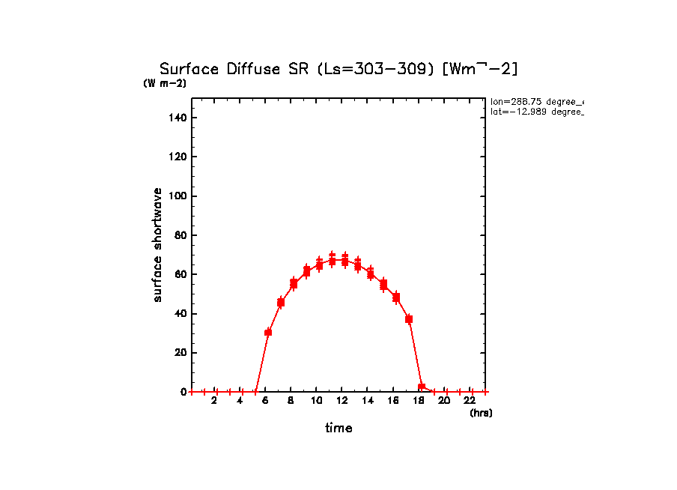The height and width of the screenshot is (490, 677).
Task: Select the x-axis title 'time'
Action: click(x=338, y=428)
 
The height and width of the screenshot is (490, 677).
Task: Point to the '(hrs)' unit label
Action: click(x=481, y=413)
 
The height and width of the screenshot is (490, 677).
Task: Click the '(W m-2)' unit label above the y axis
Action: click(x=165, y=83)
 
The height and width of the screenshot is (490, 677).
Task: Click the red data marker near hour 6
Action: click(x=268, y=332)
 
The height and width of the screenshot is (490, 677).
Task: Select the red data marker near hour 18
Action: click(x=422, y=387)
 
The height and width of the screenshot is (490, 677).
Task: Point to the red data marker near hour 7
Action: click(x=281, y=303)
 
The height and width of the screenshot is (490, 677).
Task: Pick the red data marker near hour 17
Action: click(x=409, y=319)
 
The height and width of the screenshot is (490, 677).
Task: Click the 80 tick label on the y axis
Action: click(x=180, y=235)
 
